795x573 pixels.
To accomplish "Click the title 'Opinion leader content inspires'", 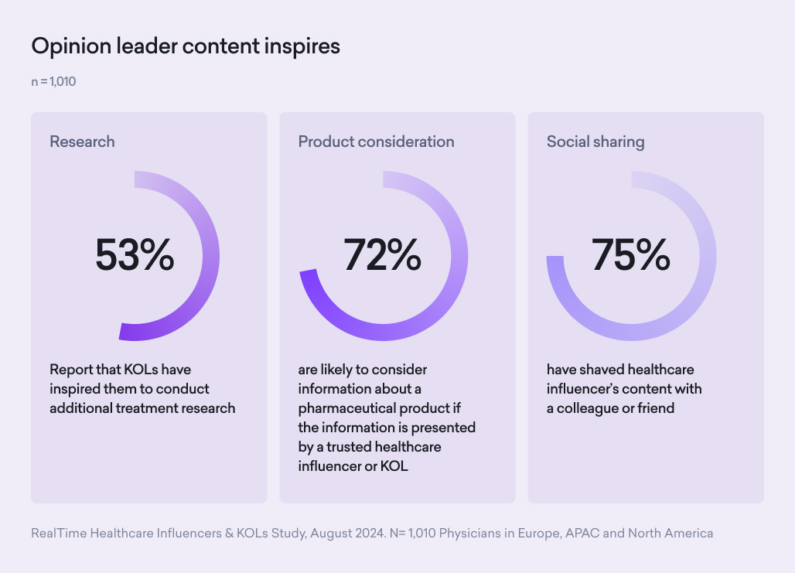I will click(x=186, y=46).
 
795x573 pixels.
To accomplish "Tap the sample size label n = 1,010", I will click(x=53, y=81).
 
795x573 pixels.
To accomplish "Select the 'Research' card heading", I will click(x=82, y=142).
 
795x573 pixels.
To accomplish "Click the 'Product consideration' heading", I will click(x=376, y=142).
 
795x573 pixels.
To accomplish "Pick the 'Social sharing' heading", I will click(x=595, y=142).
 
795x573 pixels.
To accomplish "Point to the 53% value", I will click(x=135, y=255).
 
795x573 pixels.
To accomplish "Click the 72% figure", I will click(x=383, y=255).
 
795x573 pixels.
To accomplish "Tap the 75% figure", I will click(x=631, y=255).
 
